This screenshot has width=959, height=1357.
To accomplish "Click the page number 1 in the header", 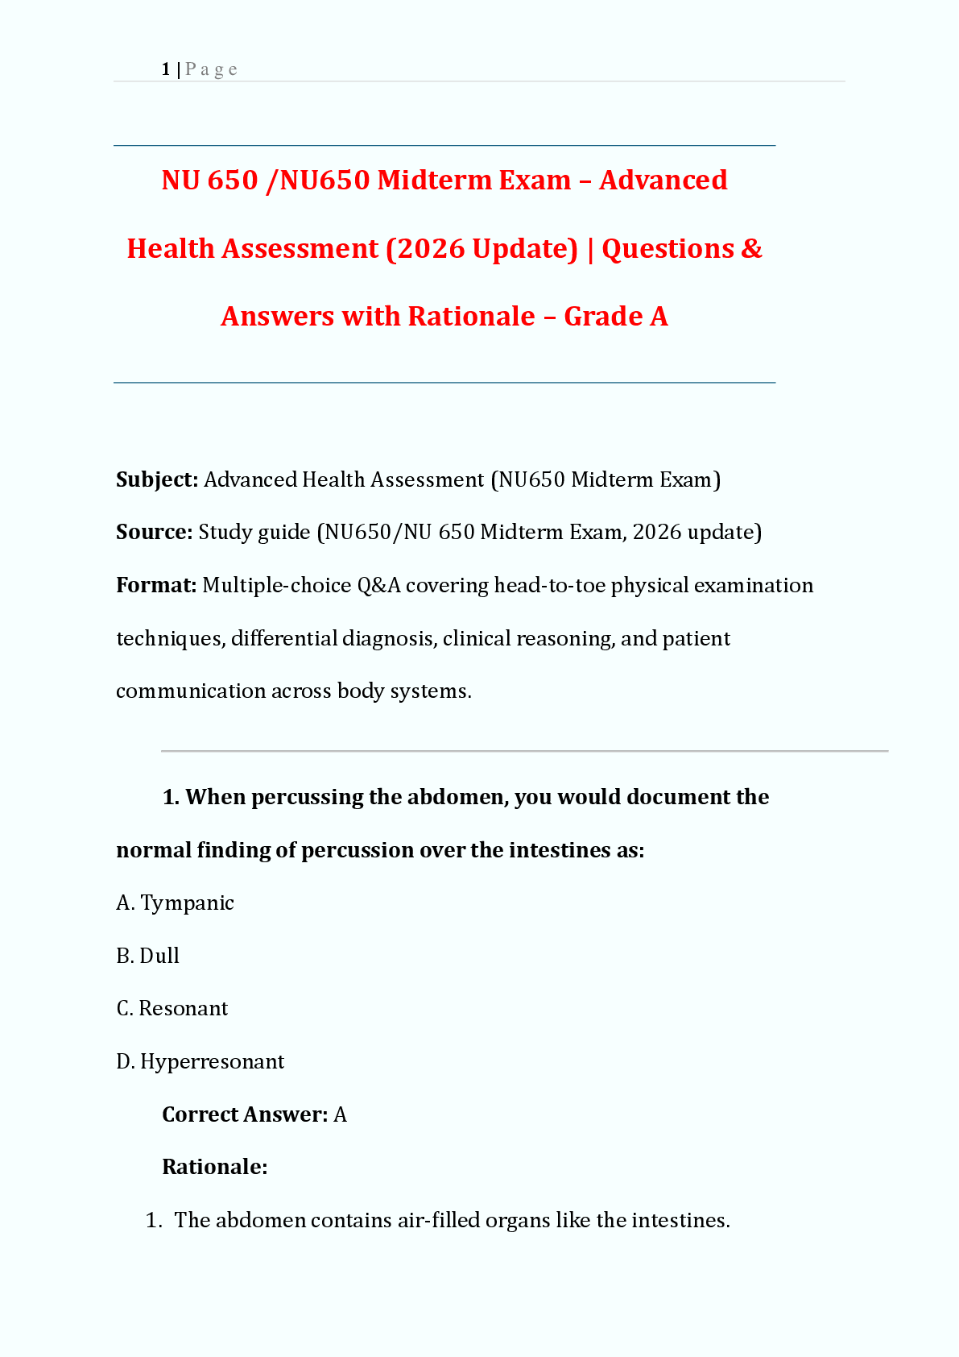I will (166, 69).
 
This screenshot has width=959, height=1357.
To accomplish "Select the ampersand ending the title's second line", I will (750, 248).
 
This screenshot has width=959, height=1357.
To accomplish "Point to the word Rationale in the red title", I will (471, 316).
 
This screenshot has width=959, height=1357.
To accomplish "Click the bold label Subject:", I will (157, 479).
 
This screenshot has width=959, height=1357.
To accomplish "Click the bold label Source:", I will (154, 532).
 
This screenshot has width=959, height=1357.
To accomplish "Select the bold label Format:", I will (156, 585).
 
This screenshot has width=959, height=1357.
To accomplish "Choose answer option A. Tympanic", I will (176, 903).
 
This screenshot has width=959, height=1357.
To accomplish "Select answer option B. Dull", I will (148, 956).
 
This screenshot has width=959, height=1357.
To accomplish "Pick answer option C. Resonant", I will (172, 1008).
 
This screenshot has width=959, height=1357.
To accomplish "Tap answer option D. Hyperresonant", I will (200, 1061).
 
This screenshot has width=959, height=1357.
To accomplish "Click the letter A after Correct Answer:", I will (340, 1114).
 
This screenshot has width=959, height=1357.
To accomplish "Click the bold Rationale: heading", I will (214, 1167).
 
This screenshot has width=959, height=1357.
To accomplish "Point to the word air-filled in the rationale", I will (434, 1220).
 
